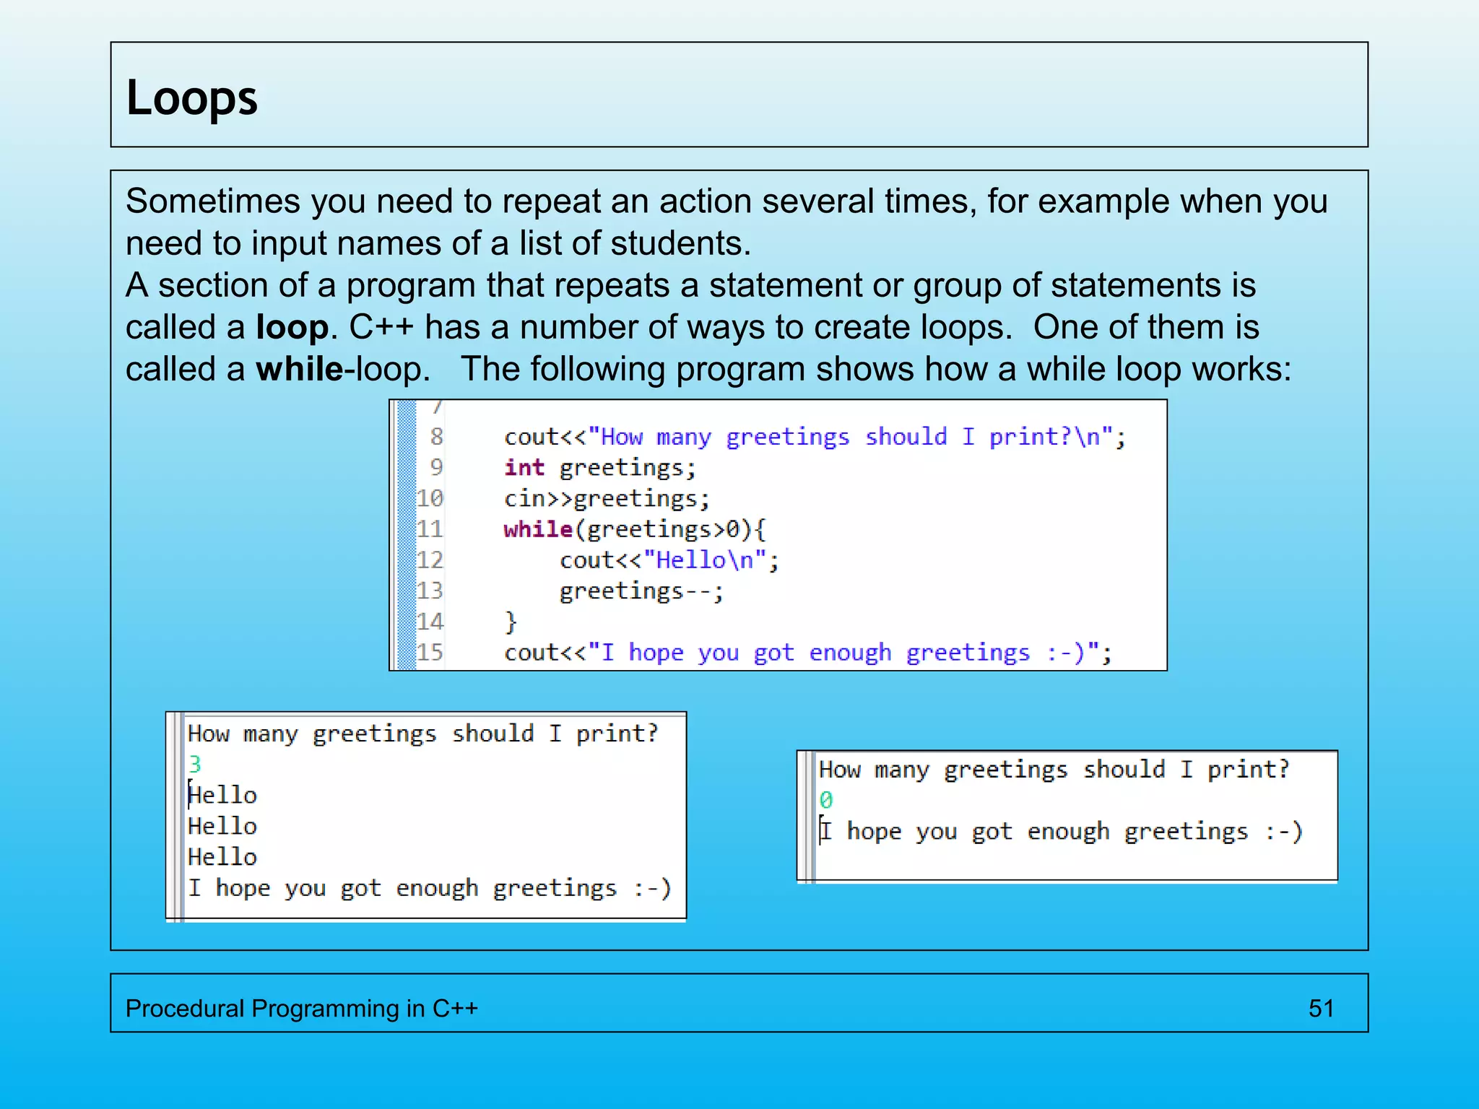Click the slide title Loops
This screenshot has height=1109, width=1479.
pos(191,98)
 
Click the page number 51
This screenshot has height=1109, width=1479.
pos(1321,1008)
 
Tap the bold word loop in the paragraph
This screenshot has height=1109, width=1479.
pos(292,328)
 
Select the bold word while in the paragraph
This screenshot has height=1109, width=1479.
pos(300,370)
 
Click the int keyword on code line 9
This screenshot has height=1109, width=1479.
pos(524,468)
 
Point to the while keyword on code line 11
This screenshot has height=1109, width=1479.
pos(538,529)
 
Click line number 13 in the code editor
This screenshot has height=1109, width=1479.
pos(430,591)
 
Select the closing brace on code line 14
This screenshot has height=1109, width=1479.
pos(511,622)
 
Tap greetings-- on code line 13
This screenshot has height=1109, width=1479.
pos(640,591)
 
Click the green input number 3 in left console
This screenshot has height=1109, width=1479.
pos(194,764)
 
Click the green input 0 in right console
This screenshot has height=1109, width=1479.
pos(825,800)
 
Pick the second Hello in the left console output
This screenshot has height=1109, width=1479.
pos(222,826)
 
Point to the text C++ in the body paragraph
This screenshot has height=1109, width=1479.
pos(381,328)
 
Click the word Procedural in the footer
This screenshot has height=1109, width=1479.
pos(184,1008)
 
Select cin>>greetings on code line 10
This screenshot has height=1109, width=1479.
pos(607,499)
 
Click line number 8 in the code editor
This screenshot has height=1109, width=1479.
pos(436,437)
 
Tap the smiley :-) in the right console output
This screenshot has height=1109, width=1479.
pos(1283,831)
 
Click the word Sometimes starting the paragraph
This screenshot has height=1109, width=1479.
pos(212,201)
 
